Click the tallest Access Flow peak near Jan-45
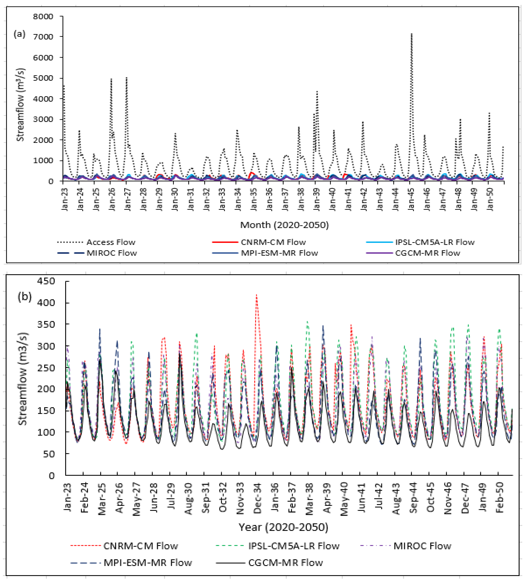click(412, 34)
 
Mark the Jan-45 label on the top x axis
click(412, 199)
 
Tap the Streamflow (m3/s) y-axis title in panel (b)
click(22, 378)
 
